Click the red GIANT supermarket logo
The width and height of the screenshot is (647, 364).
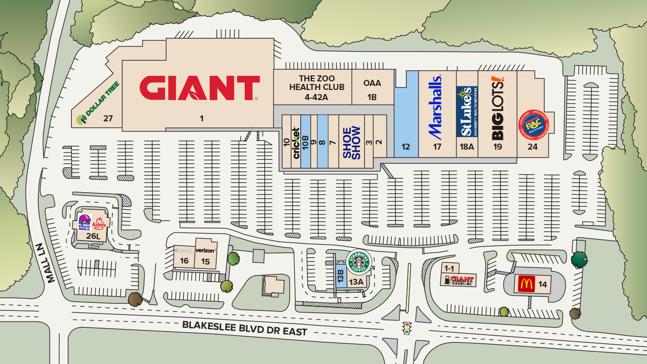[199, 88]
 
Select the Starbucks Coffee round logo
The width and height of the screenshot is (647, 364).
[358, 262]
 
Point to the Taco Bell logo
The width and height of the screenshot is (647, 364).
[84, 222]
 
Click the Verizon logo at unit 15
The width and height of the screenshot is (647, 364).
[205, 250]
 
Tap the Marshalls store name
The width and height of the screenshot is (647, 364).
[436, 107]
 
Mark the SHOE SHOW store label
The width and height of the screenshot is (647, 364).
[351, 143]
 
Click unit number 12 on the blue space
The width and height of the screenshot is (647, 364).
[405, 147]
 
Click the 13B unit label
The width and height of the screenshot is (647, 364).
[341, 276]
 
